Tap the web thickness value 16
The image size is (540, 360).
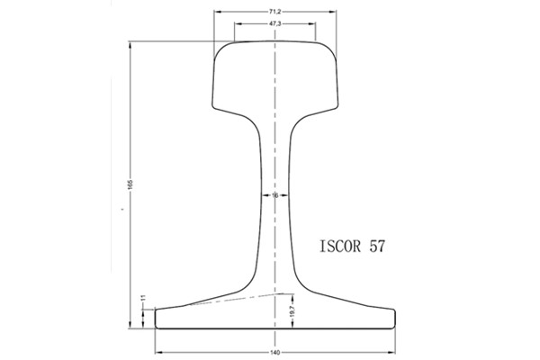click(x=274, y=194)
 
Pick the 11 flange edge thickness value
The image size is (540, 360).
click(x=142, y=298)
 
